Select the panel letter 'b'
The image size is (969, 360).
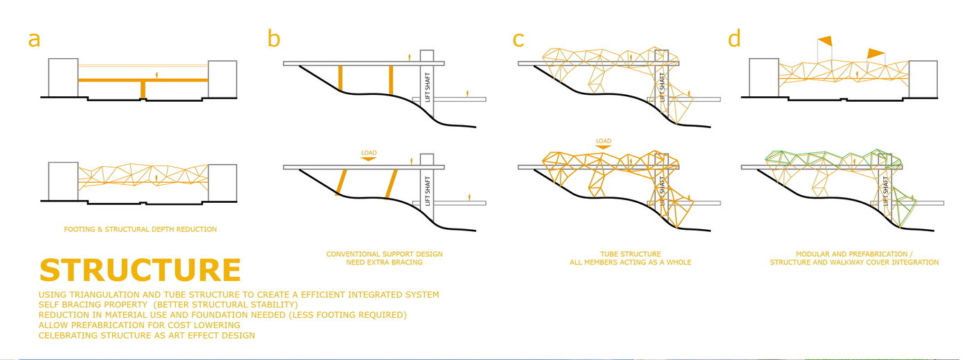point(274,39)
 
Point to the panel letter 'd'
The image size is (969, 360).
point(734,39)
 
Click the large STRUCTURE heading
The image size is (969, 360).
point(141,271)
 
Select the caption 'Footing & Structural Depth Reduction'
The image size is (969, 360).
point(141,229)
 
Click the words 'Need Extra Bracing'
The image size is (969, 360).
point(384,262)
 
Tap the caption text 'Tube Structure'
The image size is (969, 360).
point(630,254)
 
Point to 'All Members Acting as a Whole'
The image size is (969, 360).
point(630,262)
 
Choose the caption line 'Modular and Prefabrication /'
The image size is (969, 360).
point(854,254)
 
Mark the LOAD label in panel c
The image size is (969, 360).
point(604,141)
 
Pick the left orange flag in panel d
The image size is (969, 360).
point(825,41)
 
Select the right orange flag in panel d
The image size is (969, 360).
point(876,53)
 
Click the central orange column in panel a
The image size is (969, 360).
point(143,90)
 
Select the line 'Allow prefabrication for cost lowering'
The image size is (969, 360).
point(140,325)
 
